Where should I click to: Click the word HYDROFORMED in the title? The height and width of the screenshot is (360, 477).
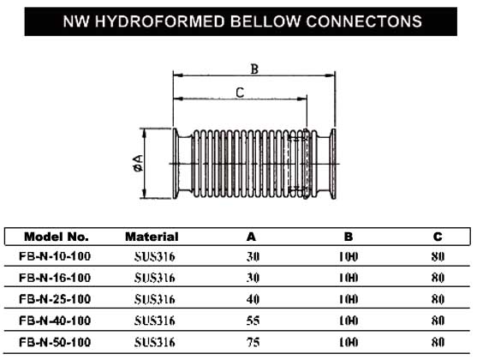point(160,21)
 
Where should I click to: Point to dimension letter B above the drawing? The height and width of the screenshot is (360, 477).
point(254,69)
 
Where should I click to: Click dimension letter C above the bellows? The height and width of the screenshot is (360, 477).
point(240,93)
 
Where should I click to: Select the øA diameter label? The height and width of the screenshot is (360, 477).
point(138,163)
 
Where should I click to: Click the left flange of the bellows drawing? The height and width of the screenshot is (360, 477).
point(176,164)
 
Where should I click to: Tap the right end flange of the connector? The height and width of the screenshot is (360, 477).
point(333,164)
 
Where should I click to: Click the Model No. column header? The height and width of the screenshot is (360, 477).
point(57,237)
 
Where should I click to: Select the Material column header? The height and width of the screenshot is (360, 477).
point(152,237)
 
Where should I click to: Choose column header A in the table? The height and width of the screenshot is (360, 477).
point(251,237)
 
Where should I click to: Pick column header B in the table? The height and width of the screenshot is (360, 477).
point(349,237)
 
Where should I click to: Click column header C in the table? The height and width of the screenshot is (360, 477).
point(438,237)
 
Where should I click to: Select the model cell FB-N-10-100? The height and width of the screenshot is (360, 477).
point(55,256)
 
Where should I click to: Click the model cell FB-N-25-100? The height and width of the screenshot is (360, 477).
point(55,299)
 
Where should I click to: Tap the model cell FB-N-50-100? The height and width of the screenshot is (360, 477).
point(55,342)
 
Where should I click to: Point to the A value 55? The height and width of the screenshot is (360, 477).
point(253,321)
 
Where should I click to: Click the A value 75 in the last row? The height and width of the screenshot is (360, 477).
point(253,343)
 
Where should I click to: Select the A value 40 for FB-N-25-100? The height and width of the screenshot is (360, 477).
point(253,299)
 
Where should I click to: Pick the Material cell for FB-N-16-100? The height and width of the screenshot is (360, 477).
point(154,278)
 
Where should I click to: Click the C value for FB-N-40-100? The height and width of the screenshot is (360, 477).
point(438,321)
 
